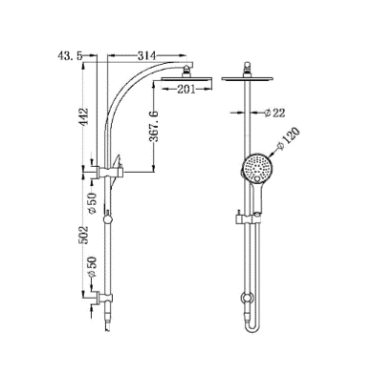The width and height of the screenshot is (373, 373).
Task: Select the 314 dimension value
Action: coord(146,56)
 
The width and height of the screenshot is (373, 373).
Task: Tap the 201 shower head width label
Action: coord(186,90)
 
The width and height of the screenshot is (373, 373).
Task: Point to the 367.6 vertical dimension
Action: coord(154,126)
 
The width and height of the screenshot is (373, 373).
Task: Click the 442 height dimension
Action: coord(84,117)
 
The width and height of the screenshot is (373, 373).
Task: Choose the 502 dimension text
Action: coord(84,235)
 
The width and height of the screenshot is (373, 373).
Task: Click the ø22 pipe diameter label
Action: coord(274,113)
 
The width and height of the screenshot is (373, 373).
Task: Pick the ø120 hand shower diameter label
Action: coord(289,138)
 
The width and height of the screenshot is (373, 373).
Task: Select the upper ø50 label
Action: coord(92,203)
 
